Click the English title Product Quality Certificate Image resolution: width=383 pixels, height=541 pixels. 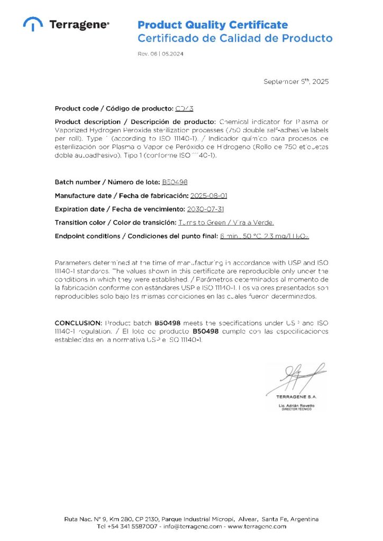[x=213, y=25]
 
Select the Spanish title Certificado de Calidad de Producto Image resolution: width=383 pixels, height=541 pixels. [x=235, y=38]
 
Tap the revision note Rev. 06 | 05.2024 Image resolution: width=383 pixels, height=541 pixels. [x=161, y=54]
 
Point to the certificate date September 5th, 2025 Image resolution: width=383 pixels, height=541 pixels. [x=296, y=81]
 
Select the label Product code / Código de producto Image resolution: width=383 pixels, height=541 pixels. [x=113, y=108]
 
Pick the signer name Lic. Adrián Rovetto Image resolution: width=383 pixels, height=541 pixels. [x=296, y=405]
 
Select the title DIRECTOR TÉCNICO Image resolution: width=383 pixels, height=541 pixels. [x=296, y=409]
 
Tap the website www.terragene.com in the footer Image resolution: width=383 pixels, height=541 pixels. [x=257, y=526]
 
